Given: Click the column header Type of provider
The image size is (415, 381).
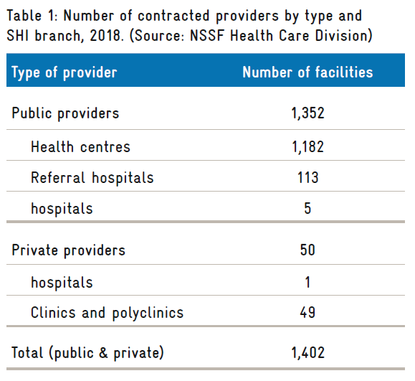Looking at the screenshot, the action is tap(65, 72).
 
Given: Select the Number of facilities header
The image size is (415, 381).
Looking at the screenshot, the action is tap(307, 72).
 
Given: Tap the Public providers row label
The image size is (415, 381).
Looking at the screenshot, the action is tap(65, 113).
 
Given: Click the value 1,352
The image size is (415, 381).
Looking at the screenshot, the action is tap(307, 113).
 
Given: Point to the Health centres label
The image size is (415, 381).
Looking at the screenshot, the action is tap(80, 146).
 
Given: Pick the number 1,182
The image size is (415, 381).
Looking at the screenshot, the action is tap(307, 147).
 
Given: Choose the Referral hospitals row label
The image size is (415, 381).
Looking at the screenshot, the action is tap(92, 177).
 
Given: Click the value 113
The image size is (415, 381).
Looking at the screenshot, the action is tap(307, 177).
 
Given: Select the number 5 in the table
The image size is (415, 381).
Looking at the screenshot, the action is tap(307, 208).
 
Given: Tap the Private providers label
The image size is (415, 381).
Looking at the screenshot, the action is tap(68, 250).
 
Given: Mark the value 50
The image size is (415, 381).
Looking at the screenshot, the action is tap(307, 250).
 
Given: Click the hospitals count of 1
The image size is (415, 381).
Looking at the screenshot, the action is tap(307, 282).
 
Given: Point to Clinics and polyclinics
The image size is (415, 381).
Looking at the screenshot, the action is tap(107, 313).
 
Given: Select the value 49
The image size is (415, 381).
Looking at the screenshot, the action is tap(307, 312).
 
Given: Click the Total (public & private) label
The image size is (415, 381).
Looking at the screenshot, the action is tap(87, 353).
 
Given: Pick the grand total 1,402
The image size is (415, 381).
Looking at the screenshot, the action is tap(307, 353).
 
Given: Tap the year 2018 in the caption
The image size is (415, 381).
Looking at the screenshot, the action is tap(105, 35).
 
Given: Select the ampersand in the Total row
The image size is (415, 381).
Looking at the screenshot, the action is tap(103, 352).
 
